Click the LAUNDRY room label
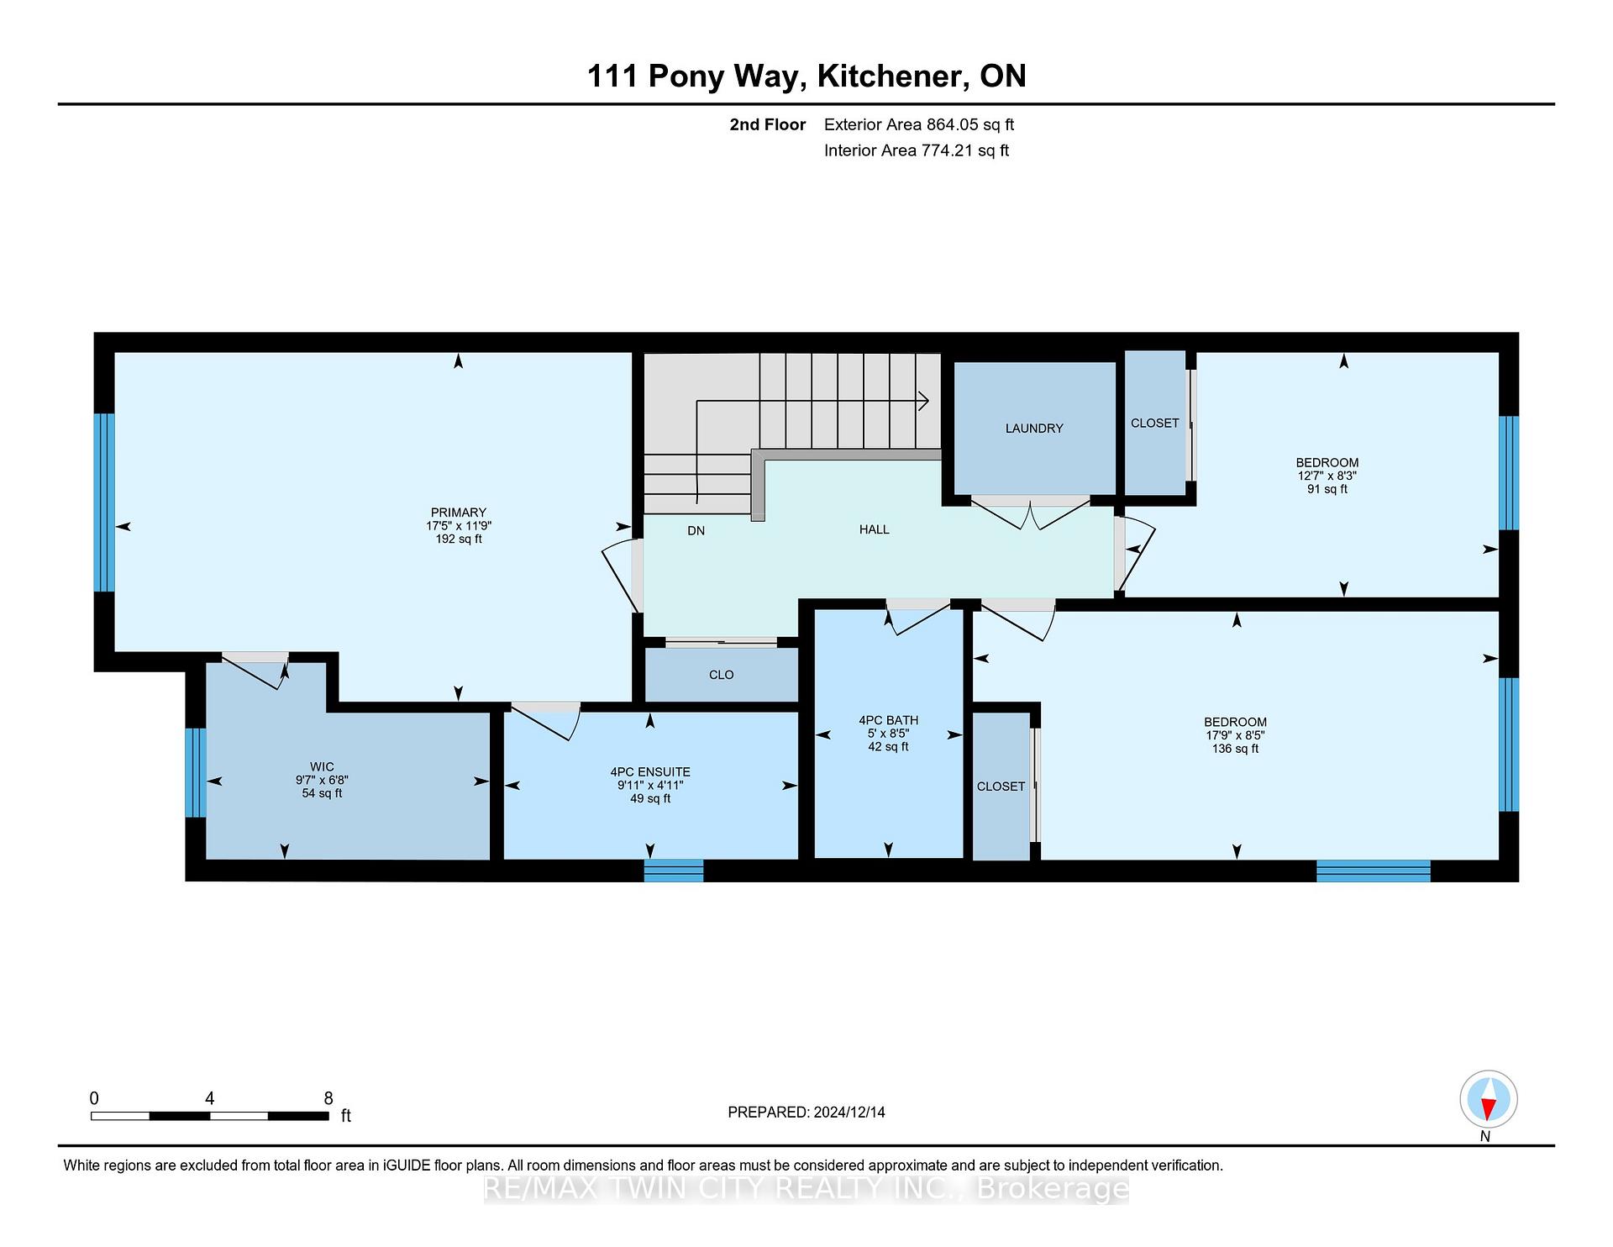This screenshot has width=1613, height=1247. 1034,429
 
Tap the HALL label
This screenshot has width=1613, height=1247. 874,529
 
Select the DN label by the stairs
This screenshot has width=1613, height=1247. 696,530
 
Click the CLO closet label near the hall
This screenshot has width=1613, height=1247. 721,675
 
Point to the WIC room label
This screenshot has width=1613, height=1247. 322,766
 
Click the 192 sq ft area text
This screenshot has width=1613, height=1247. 458,539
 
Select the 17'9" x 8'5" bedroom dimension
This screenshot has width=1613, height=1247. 1235,735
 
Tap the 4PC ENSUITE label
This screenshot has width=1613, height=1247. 650,772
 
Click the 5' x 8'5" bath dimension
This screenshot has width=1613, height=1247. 888,734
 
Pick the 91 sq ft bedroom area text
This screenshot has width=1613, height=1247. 1327,489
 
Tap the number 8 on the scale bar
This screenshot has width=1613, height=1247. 328,1098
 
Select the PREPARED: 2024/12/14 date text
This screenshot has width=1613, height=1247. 806,1113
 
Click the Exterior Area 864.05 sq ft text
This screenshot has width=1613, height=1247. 919,125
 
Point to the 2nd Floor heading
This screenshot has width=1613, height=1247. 768,125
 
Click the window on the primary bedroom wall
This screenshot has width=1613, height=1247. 104,502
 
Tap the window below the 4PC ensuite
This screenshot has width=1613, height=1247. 674,871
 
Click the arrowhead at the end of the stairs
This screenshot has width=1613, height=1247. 923,402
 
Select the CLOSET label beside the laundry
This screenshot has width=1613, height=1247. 1154,424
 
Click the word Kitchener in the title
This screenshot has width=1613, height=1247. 891,76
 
